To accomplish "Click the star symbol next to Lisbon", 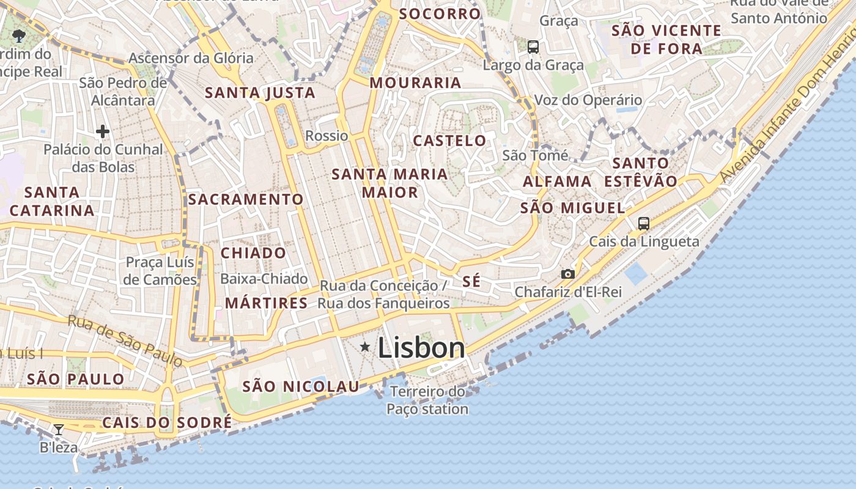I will pos(365,347).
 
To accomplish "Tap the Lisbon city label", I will pos(421,348).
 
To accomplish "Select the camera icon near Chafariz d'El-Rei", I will pos(568,274).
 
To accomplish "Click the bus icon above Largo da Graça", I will pos(533,46).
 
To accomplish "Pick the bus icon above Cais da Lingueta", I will pos(644,224).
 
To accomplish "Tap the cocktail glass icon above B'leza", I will pos(59,430).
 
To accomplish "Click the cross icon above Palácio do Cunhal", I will pos(103,131).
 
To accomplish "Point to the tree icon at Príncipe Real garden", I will pos(19,35).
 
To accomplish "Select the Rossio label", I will pos(327,136).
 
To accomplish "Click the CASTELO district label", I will pos(450,141).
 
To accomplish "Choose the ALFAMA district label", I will pos(557,182).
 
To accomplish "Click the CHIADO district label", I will pos(253,253).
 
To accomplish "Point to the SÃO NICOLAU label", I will pos(301,386).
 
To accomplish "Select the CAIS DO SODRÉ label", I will pos(167,422).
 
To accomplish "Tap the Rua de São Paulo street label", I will pos(125,340).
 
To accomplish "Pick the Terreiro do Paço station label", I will pos(427,400).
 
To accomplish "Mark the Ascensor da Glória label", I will pos(191,59).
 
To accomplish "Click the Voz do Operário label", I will pos(588,100).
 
